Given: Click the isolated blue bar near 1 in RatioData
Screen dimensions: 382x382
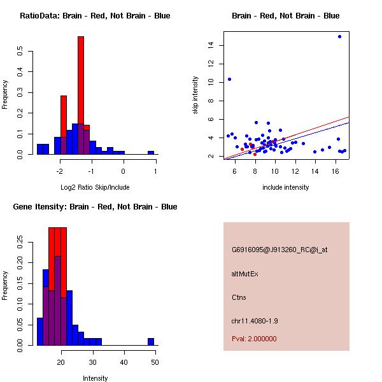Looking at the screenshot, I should pyautogui.click(x=151, y=152).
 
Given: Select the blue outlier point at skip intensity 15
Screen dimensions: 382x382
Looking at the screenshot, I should pyautogui.click(x=339, y=36).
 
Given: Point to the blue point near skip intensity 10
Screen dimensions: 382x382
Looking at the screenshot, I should pyautogui.click(x=229, y=79).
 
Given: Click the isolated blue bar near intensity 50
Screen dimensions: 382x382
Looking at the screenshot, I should pyautogui.click(x=151, y=341).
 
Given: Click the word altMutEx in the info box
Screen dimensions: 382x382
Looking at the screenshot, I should pyautogui.click(x=245, y=274).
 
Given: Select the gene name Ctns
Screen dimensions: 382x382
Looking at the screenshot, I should pyautogui.click(x=239, y=297).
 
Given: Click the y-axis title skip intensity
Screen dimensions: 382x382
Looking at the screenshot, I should pyautogui.click(x=196, y=95).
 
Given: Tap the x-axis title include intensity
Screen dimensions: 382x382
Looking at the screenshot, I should pyautogui.click(x=286, y=187).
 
